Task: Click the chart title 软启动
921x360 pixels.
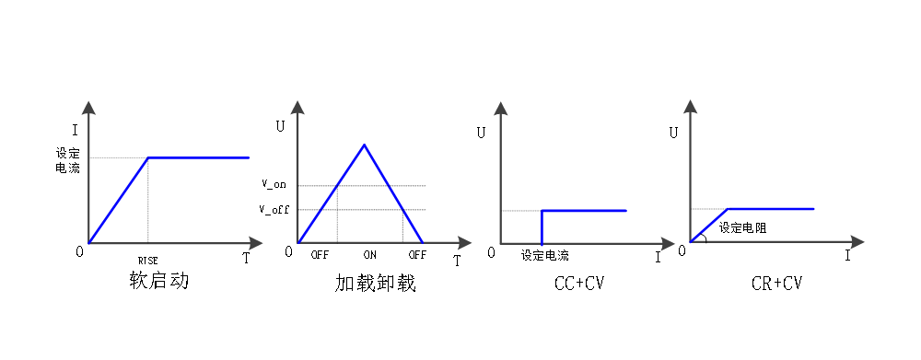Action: (158, 281)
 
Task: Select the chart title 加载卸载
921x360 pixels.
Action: (376, 283)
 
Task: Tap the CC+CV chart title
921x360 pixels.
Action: (579, 284)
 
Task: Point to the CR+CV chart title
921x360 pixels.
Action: (776, 284)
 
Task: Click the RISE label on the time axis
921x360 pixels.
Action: (148, 261)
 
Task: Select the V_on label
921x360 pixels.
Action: (274, 184)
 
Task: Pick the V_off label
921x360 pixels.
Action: (274, 209)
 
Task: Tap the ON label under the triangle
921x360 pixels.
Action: (369, 255)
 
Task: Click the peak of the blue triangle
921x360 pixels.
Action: (364, 145)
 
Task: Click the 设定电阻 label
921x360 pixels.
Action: (743, 227)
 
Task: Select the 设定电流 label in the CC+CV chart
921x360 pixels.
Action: (545, 255)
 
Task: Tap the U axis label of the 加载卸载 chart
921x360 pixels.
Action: (280, 126)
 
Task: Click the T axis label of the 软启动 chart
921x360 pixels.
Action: (246, 259)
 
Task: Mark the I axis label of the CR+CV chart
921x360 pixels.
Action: (847, 255)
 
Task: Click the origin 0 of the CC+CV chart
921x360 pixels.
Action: (492, 252)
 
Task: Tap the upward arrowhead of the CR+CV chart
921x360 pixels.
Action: (690, 107)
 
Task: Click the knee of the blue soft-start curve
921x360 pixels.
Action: (148, 157)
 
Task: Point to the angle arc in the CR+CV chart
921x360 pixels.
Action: (705, 237)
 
